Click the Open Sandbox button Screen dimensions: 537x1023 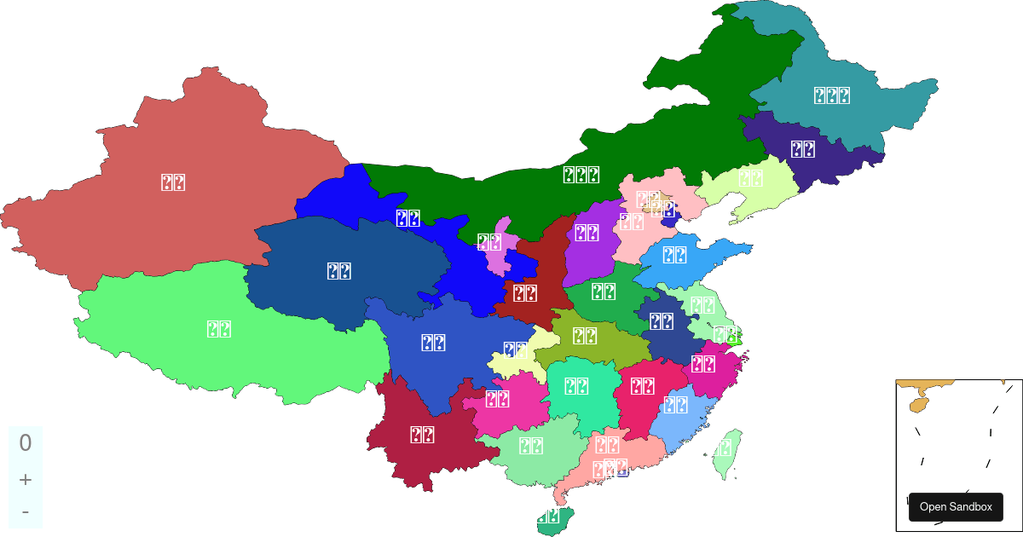(956, 507)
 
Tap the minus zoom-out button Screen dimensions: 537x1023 (26, 511)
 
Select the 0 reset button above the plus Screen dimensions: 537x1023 (26, 442)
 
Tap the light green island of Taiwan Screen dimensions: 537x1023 (726, 453)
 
